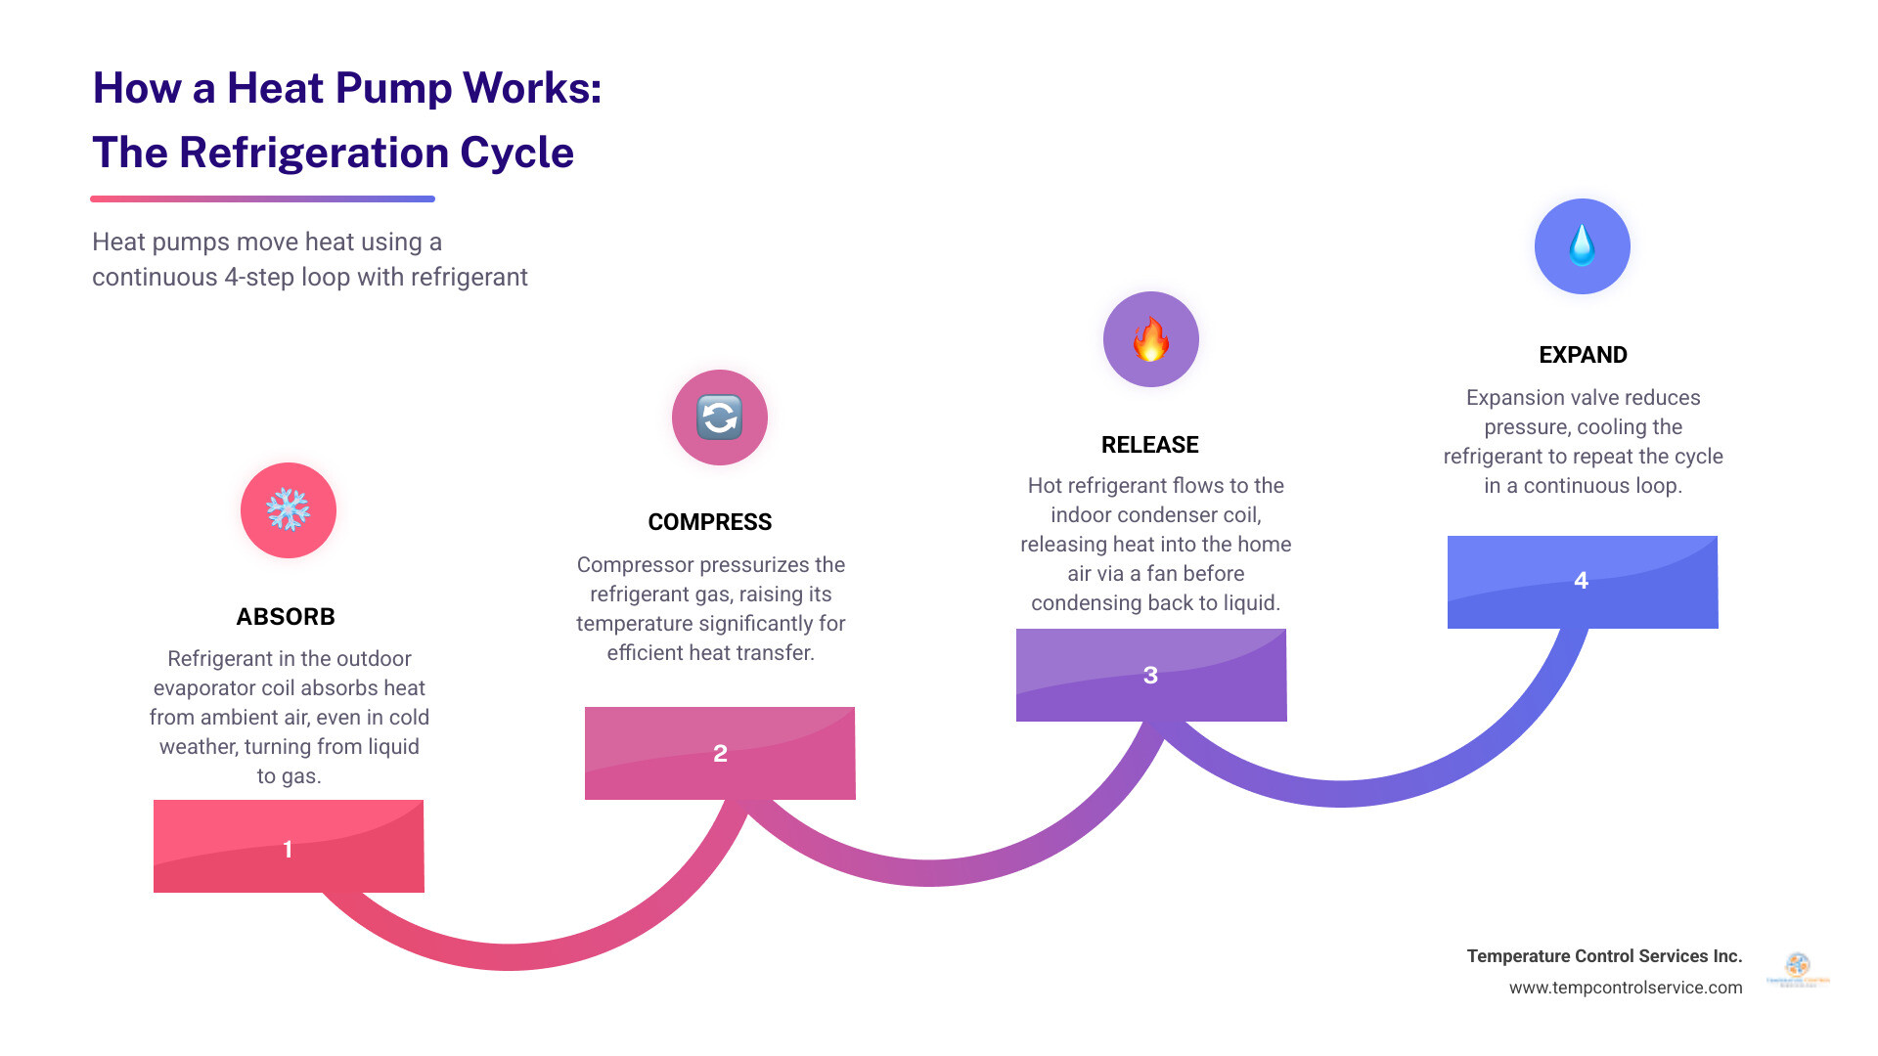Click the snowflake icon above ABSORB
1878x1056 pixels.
coord(289,510)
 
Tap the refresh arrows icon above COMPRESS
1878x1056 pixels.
coord(720,418)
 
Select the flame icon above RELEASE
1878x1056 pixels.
coord(1151,339)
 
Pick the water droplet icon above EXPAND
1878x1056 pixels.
coord(1582,246)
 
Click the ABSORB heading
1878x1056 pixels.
coord(286,617)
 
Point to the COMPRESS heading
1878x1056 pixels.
coord(710,522)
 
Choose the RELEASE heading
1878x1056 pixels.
coord(1150,445)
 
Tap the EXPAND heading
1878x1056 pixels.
coord(1583,355)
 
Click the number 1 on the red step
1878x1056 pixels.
coord(288,849)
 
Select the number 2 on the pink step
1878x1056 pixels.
coord(720,754)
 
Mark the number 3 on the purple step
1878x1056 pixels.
coord(1150,676)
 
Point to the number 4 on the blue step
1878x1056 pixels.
coord(1581,581)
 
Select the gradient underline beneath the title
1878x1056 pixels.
coord(262,199)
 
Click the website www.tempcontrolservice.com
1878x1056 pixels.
coord(1625,988)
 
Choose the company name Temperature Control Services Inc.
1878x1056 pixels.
coord(1604,956)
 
